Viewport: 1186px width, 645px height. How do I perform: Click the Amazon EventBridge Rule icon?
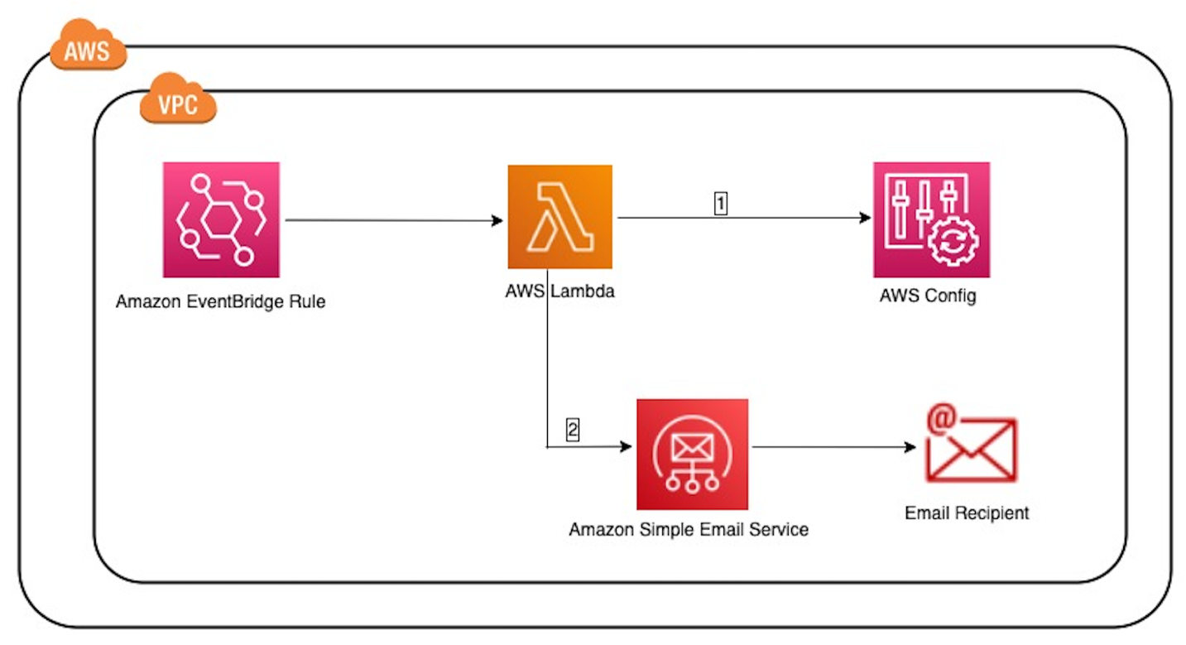point(221,219)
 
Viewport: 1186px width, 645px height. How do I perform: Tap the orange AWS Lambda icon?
point(559,217)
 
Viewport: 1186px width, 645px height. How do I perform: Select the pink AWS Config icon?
point(931,219)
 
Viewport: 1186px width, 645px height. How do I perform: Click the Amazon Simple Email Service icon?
point(692,454)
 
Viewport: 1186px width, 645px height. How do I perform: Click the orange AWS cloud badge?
point(88,50)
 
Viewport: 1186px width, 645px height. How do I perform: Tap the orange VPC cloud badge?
point(178,104)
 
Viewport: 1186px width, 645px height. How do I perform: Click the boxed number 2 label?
point(572,429)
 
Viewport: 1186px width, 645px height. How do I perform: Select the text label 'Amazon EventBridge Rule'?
point(221,301)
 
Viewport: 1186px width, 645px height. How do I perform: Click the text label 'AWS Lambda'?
point(559,291)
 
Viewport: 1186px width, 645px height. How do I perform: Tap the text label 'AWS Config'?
point(928,295)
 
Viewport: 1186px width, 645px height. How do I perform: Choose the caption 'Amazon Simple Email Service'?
point(689,529)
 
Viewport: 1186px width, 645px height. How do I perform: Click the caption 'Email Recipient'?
point(967,513)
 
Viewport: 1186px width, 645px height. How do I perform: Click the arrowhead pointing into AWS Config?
point(866,218)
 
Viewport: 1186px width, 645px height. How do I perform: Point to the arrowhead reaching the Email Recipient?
point(910,447)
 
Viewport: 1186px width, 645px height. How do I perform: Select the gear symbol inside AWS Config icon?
point(953,241)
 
